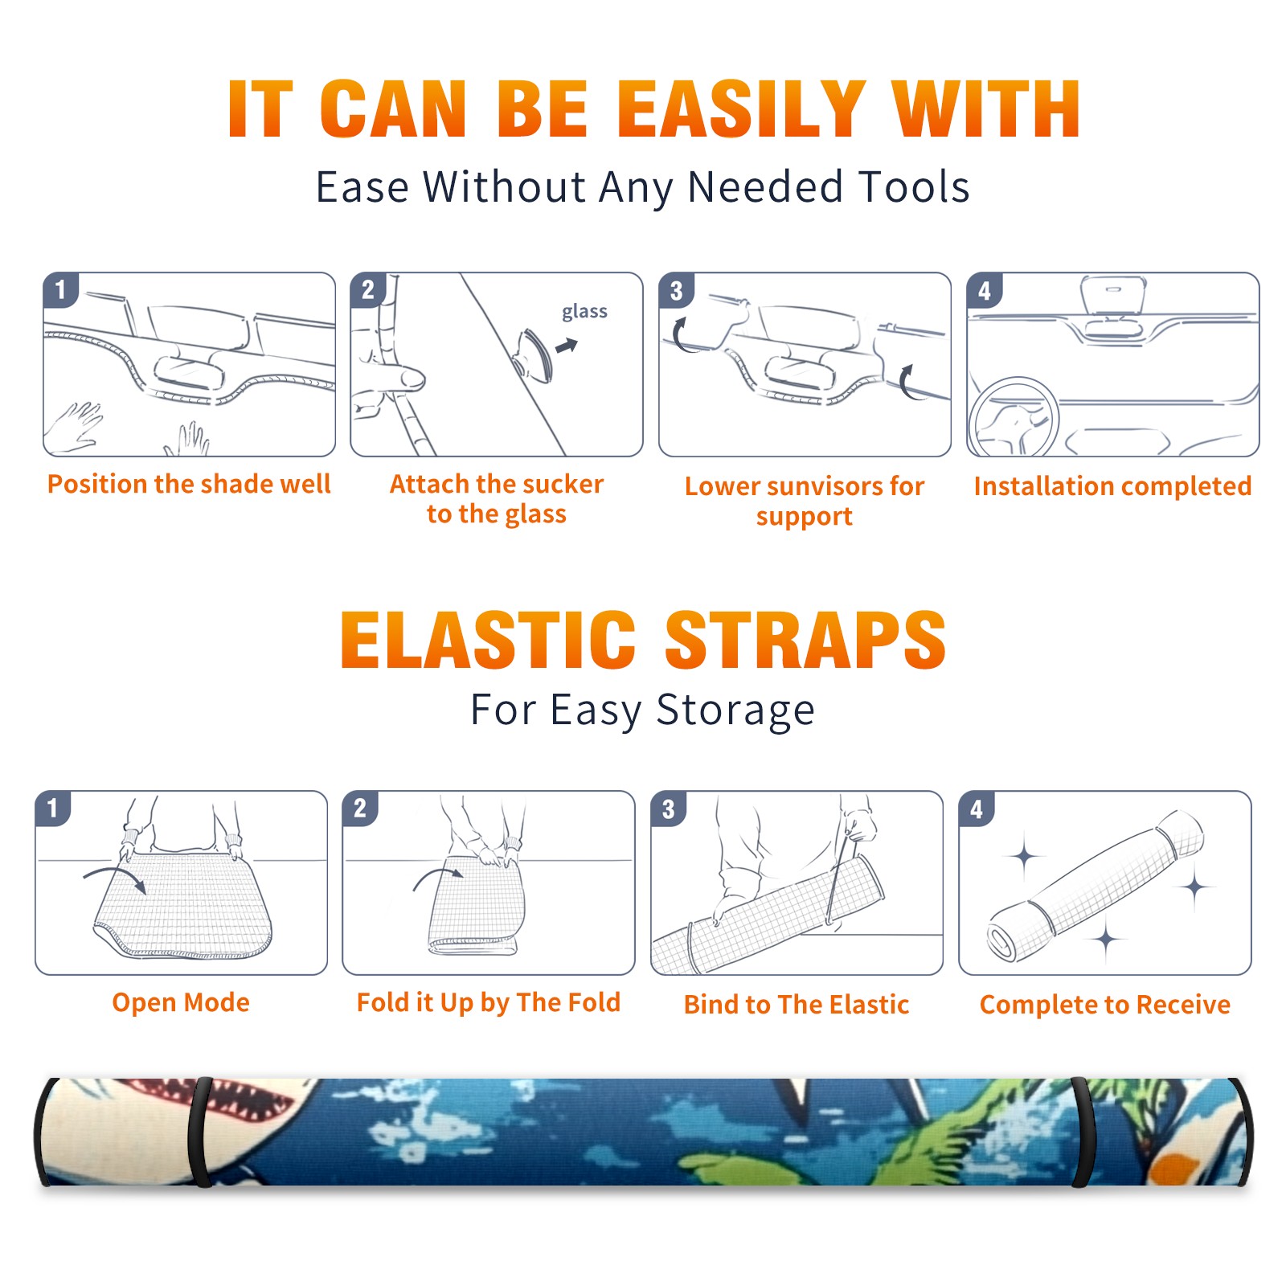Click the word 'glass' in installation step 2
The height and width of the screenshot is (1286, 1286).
[x=584, y=312]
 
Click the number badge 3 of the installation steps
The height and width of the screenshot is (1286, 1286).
[x=676, y=291]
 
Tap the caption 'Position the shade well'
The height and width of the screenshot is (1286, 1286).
[x=189, y=484]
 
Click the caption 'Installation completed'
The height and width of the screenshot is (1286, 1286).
[x=1112, y=485]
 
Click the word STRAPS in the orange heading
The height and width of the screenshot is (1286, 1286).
[x=805, y=640]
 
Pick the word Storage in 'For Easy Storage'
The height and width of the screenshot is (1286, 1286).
[x=735, y=711]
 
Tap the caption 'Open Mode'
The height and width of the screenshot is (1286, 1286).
[x=181, y=1002]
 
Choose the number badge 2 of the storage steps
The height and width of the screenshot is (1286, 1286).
[x=359, y=809]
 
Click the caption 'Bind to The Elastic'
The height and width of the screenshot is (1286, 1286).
[x=797, y=1005]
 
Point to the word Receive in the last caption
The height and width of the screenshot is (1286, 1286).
[x=1183, y=1005]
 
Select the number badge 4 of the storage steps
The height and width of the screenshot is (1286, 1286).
[x=976, y=809]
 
